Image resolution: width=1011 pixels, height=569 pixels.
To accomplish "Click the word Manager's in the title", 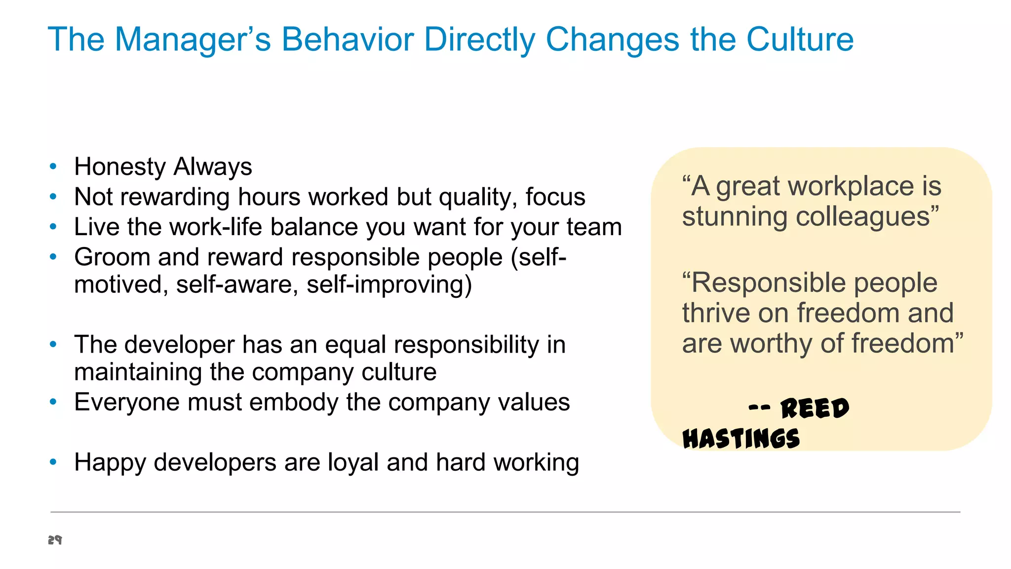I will [x=193, y=40].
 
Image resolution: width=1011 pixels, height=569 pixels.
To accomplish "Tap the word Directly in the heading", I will [x=479, y=40].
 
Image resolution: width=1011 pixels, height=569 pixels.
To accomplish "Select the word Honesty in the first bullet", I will [x=119, y=167].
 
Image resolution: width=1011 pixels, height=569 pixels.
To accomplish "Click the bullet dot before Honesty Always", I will [x=53, y=166].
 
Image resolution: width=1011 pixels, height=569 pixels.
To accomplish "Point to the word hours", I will [x=269, y=197].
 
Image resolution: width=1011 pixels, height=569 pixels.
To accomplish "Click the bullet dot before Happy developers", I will [x=53, y=462].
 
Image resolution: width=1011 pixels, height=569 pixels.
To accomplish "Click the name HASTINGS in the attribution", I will [x=741, y=439].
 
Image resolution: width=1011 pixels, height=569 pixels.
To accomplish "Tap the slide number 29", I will [x=55, y=540].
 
